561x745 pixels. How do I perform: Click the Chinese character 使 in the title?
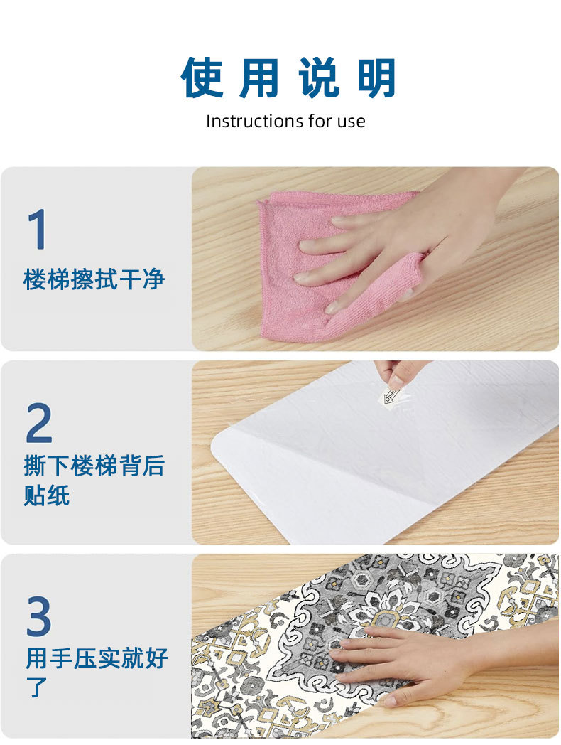point(202,77)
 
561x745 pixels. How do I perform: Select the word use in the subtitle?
point(352,122)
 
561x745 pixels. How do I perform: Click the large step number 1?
point(37,230)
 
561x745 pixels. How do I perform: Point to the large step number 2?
point(39,423)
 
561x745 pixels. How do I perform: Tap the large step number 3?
point(39,616)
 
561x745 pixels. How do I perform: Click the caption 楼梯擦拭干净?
point(94,279)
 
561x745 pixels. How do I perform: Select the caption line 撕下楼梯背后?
point(94,466)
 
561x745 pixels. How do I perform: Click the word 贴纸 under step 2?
point(47,495)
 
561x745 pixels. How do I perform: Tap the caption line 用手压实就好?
point(97,658)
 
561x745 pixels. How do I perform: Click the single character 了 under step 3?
point(37,687)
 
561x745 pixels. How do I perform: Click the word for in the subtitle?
point(320,121)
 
